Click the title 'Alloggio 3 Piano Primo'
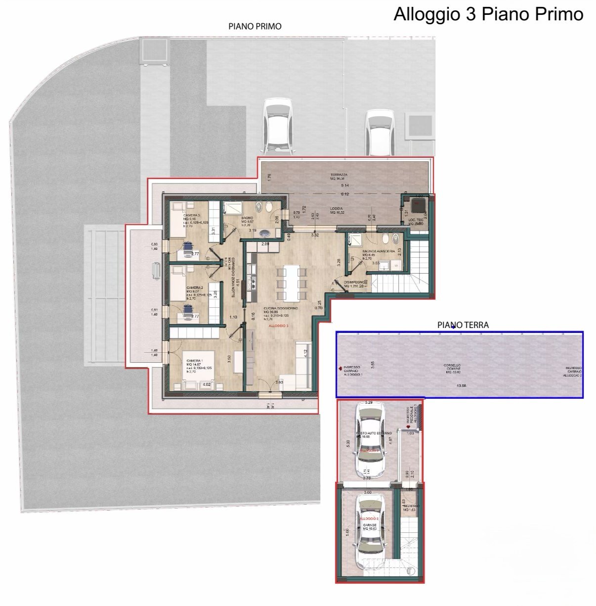click(488, 14)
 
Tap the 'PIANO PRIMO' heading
click(255, 27)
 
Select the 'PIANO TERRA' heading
click(463, 325)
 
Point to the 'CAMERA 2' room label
click(194, 287)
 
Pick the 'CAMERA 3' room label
click(192, 216)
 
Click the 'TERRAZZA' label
click(339, 175)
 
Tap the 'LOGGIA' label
click(337, 209)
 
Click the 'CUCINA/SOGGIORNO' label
click(280, 308)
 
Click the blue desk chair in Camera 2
click(188, 310)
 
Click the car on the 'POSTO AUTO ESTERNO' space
click(370, 440)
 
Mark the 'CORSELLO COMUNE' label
click(453, 368)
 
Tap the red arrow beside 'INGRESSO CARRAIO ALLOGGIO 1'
click(340, 369)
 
